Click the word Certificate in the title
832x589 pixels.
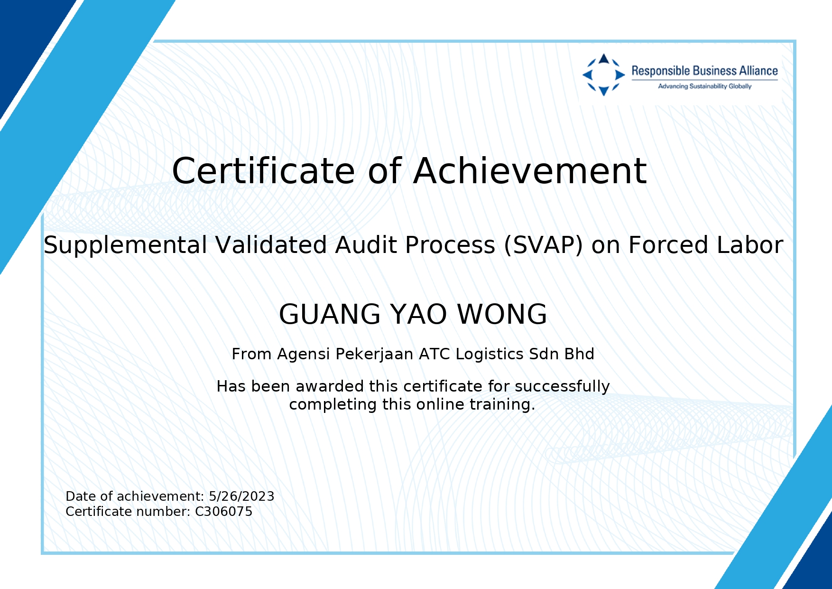[x=263, y=171]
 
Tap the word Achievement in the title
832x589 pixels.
[x=530, y=171]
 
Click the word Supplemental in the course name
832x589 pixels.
[x=126, y=246]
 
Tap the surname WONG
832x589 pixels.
[x=502, y=314]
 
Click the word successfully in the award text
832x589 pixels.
[x=562, y=387]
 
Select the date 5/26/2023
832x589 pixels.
[x=241, y=496]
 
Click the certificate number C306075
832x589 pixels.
[x=224, y=512]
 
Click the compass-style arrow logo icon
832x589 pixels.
[x=603, y=75]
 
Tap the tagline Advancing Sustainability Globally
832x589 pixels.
[x=704, y=86]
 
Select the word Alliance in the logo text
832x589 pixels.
[x=756, y=71]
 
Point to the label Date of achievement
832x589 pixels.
[x=134, y=496]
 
